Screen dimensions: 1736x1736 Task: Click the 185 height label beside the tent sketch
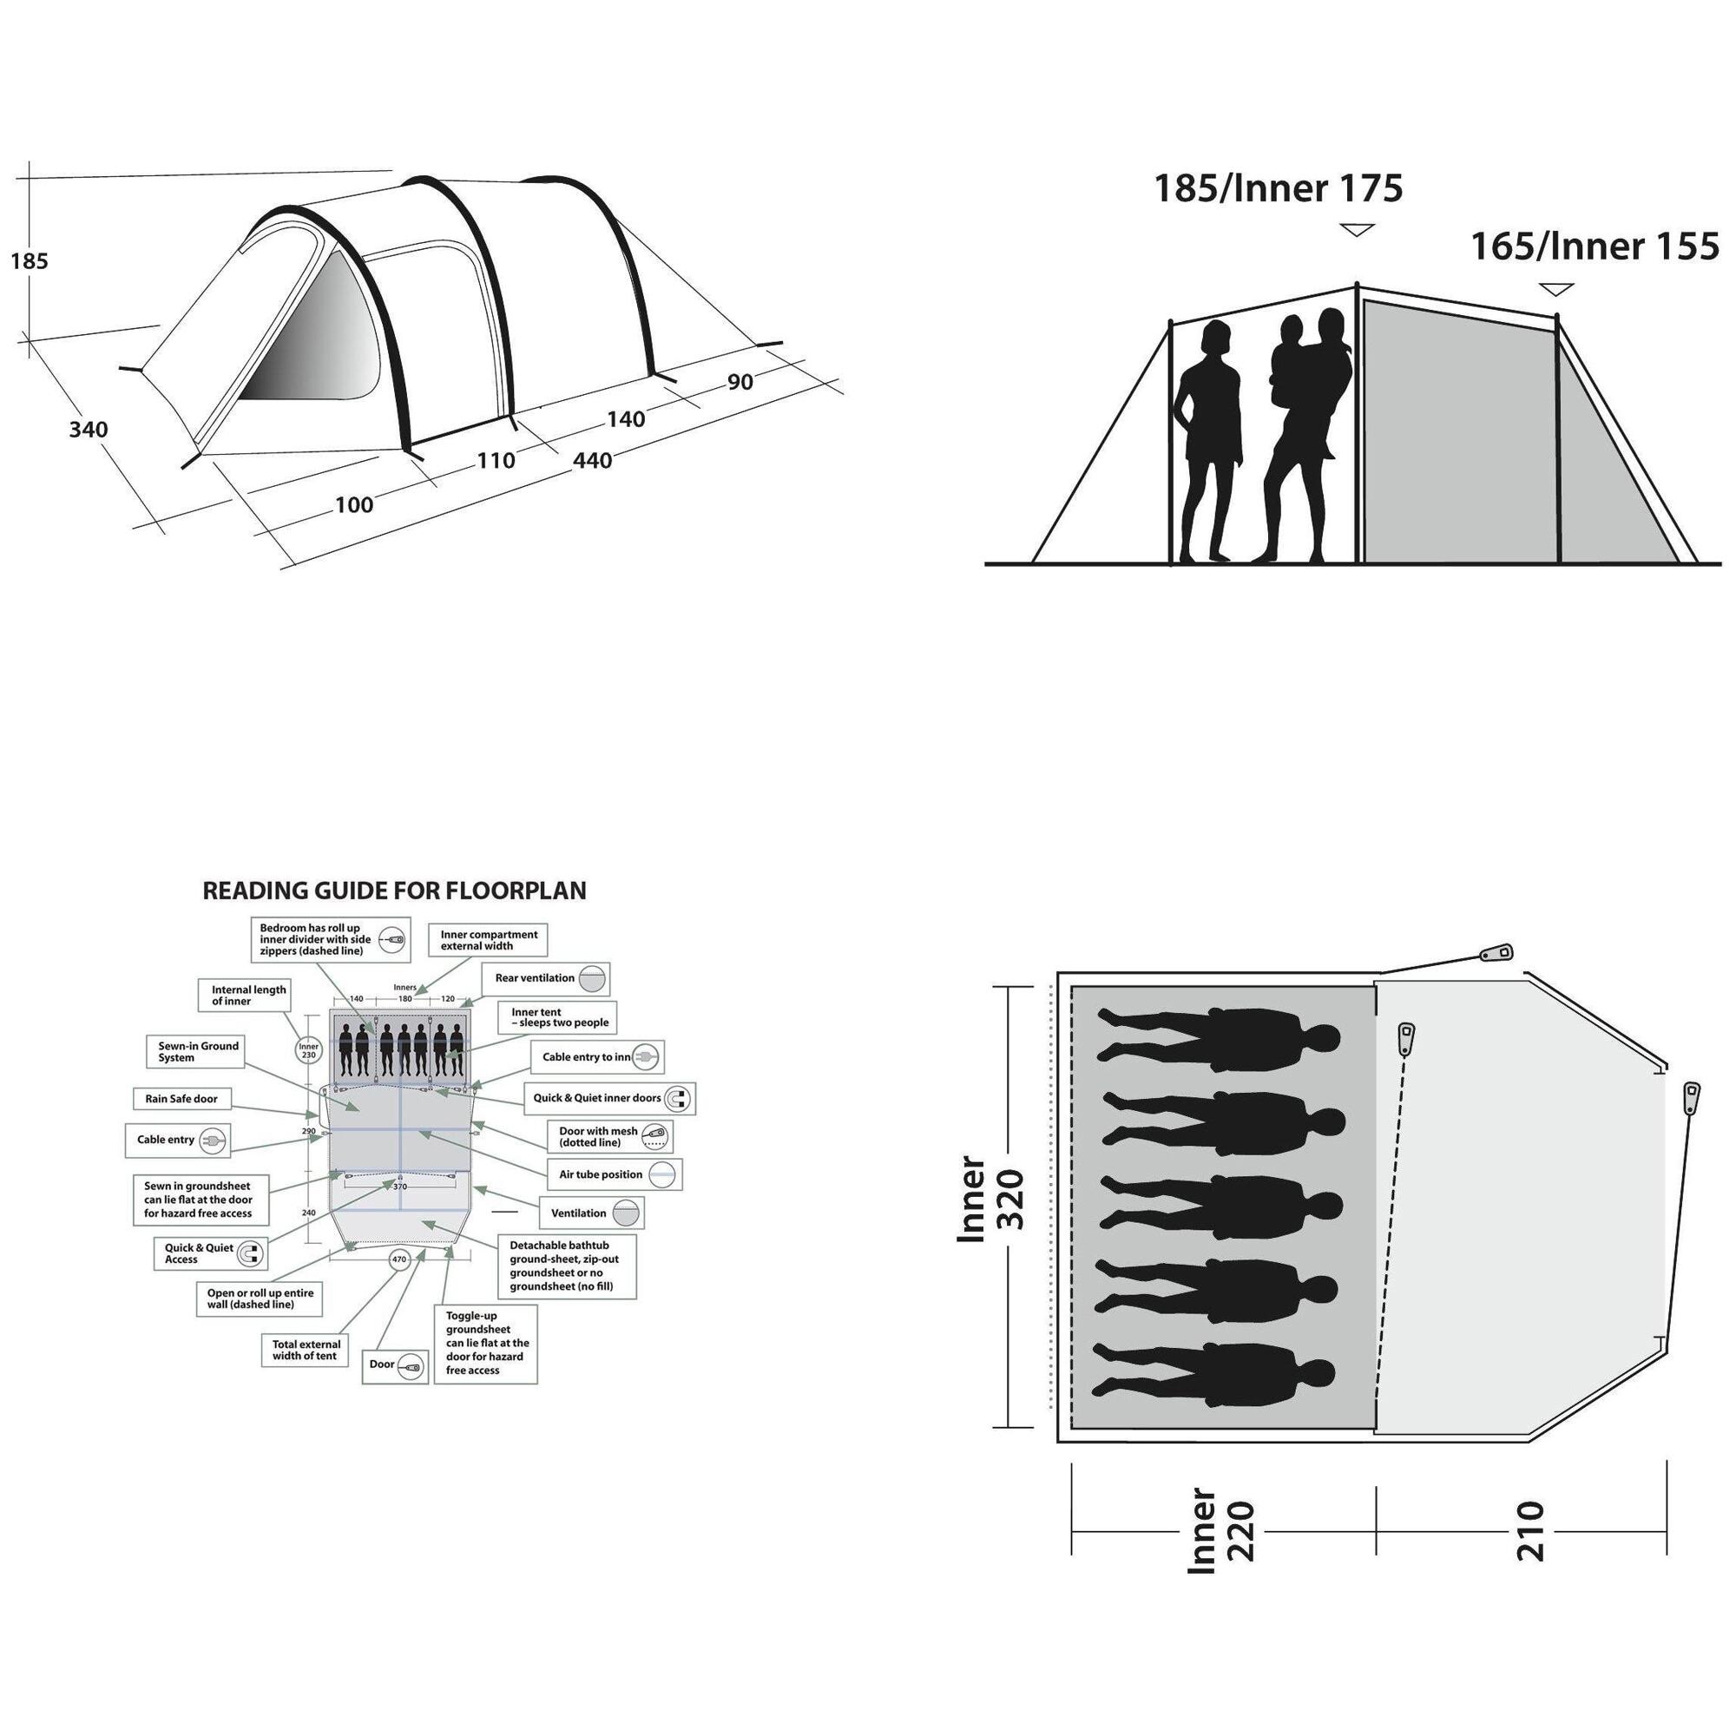coord(29,261)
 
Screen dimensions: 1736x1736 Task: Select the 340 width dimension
coord(88,430)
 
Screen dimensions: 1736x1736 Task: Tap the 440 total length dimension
coord(592,460)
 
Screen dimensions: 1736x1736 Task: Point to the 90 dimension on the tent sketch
coord(740,382)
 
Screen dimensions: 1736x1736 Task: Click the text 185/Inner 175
coord(1278,188)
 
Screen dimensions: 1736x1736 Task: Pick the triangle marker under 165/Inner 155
coord(1556,289)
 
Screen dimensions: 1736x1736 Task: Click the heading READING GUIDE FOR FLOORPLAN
coord(394,891)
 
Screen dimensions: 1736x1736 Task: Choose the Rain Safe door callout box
coord(181,1099)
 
